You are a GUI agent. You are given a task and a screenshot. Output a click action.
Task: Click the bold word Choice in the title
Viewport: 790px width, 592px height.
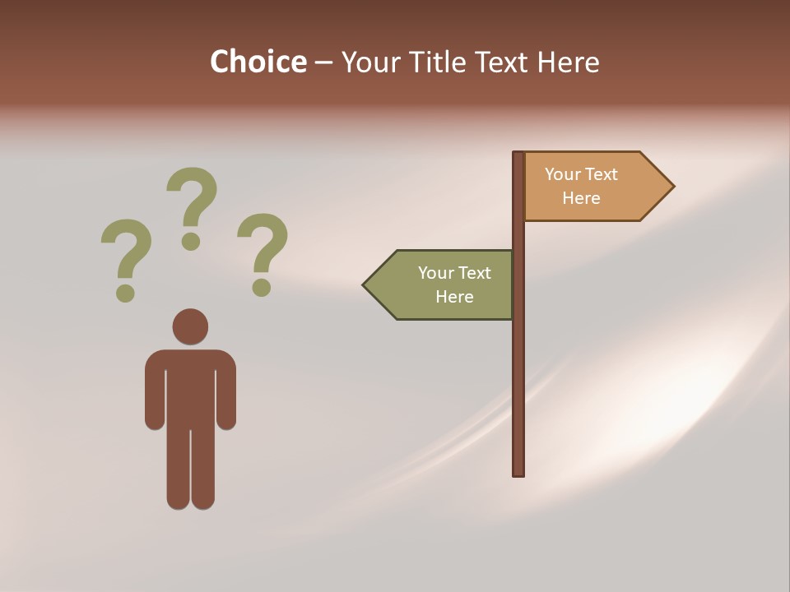tap(258, 62)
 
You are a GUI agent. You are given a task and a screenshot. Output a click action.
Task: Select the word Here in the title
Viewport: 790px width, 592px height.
tap(568, 62)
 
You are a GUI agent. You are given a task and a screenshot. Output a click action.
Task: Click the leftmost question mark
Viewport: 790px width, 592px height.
tap(126, 251)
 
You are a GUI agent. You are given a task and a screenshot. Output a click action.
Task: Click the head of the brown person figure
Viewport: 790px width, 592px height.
tap(190, 326)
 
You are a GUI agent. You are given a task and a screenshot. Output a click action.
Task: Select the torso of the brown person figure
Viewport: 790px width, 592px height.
tap(190, 386)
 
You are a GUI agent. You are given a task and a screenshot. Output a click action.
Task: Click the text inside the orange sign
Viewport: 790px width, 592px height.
tap(581, 186)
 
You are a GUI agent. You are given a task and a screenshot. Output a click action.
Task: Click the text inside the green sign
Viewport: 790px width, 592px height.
tap(454, 284)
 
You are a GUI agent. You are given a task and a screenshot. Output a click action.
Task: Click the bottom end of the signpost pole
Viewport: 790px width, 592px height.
tap(518, 472)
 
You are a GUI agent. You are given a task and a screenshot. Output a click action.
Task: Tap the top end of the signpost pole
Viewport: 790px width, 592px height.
tap(518, 155)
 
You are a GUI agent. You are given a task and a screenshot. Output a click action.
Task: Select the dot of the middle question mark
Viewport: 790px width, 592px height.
tap(191, 241)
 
